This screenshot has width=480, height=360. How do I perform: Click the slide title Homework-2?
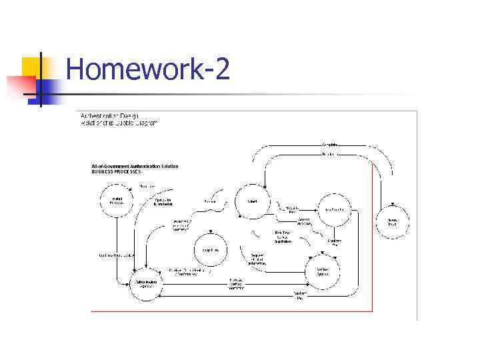tap(148, 69)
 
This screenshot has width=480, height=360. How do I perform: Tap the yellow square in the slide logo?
tap(31, 67)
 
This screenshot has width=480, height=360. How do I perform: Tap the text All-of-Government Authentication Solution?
tap(135, 166)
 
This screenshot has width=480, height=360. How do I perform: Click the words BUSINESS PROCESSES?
tap(117, 172)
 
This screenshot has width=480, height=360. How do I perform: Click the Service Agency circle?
tap(322, 270)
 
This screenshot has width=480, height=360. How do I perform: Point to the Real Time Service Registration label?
tap(282, 237)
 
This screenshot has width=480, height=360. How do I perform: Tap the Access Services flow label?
tap(304, 221)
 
